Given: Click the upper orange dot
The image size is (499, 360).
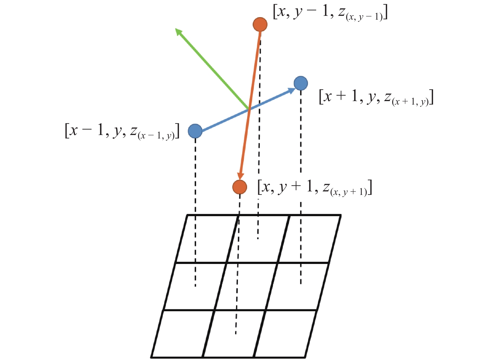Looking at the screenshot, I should [260, 24].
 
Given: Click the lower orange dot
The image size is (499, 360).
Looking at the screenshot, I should [240, 187].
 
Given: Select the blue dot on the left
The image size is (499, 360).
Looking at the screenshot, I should [195, 131].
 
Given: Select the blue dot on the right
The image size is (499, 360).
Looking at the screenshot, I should [301, 83].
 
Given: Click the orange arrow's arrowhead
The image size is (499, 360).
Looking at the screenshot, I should [241, 176].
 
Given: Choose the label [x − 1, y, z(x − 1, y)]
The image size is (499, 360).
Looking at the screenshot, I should [122, 131].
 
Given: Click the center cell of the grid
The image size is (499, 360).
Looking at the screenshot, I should [246, 286].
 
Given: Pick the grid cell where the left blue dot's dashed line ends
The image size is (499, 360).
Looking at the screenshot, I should [195, 286].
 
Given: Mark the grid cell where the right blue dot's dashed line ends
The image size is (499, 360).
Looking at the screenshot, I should [297, 286].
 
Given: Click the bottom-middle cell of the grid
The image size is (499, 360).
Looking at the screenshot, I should [234, 334].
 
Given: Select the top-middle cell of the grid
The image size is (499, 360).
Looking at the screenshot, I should [258, 239].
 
